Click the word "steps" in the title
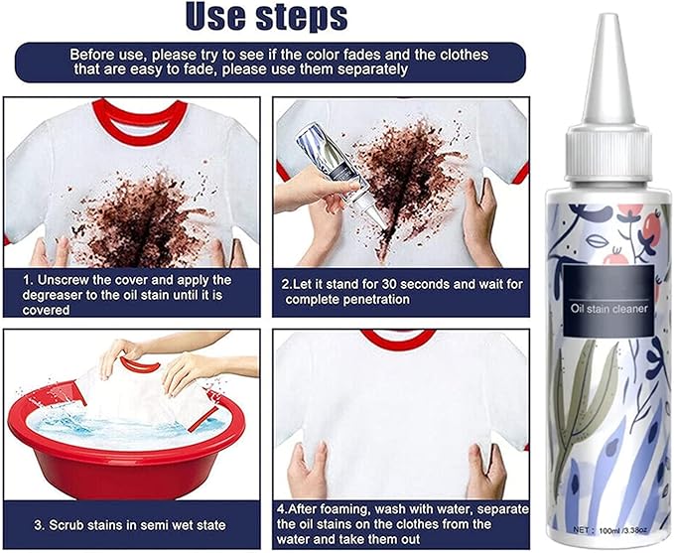(x=302, y=18)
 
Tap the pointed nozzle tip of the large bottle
(x=607, y=16)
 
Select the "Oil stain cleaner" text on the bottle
(x=608, y=309)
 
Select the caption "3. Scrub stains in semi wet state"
(x=130, y=525)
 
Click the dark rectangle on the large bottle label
(x=607, y=300)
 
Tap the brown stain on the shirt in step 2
(x=402, y=181)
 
